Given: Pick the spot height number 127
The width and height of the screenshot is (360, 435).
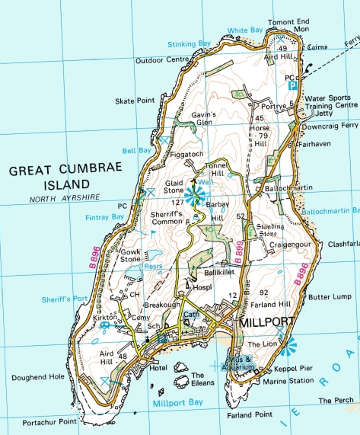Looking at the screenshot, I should (x=180, y=203).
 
